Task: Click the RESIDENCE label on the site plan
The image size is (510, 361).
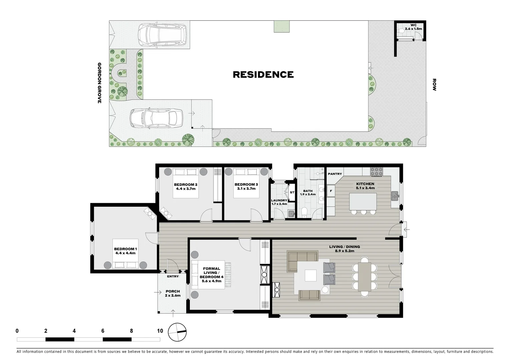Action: (x=263, y=74)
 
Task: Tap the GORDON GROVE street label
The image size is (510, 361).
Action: (x=99, y=83)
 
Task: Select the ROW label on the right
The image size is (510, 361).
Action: (x=434, y=85)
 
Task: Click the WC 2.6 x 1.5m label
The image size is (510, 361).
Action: (x=413, y=27)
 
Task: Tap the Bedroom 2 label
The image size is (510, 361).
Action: (x=185, y=185)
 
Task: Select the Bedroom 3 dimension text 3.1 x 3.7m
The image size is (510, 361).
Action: (x=246, y=189)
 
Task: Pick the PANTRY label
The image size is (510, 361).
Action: (x=335, y=174)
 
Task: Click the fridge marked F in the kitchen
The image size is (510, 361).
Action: (x=331, y=191)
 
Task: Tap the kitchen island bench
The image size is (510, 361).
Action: (x=363, y=201)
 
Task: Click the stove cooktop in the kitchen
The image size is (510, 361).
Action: (x=376, y=171)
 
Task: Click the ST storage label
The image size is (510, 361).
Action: (x=292, y=193)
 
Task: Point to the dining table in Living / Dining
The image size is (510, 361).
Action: (x=365, y=276)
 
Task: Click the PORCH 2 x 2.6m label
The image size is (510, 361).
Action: (x=172, y=293)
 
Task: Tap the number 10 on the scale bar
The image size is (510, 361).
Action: (x=160, y=331)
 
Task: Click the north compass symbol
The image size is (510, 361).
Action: (x=177, y=332)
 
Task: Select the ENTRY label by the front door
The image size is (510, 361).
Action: (x=173, y=276)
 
